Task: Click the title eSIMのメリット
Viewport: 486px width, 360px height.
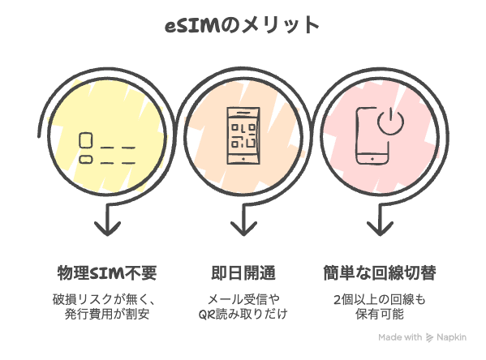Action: click(242, 25)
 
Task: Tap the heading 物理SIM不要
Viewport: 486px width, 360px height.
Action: click(107, 273)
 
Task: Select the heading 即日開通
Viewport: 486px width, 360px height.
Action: click(243, 273)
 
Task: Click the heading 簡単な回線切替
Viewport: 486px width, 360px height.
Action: click(380, 273)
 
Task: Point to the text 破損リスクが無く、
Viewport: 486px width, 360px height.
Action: click(104, 299)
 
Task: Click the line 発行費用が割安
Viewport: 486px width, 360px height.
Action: click(107, 314)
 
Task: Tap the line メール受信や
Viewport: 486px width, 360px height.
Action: click(243, 299)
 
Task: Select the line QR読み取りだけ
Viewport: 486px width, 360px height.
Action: click(243, 314)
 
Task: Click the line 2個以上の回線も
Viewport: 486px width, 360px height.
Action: click(380, 299)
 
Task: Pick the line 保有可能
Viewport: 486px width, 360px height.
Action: click(380, 314)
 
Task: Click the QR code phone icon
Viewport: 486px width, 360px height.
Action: click(243, 135)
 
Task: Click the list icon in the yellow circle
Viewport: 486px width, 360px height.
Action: click(107, 148)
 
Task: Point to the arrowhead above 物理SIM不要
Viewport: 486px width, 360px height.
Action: click(107, 229)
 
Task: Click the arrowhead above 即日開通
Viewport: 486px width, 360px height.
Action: click(243, 229)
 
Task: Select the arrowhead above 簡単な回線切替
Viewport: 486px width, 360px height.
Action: click(380, 229)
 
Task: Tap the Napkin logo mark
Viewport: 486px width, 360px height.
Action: click(429, 337)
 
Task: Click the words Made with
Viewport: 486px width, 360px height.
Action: click(400, 337)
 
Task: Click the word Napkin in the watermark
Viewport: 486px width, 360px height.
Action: click(452, 337)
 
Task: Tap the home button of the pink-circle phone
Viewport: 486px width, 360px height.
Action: click(372, 159)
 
